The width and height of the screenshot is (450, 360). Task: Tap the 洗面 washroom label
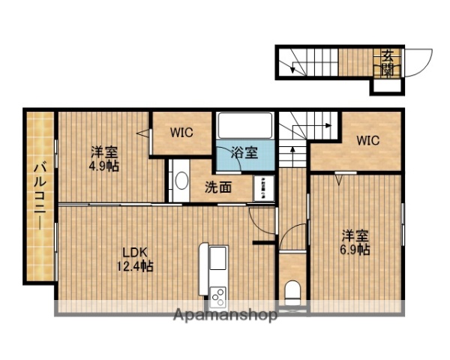(x=222, y=186)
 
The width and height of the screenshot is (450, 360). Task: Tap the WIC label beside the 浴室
(x=181, y=133)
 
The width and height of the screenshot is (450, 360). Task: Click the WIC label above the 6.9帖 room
(x=367, y=139)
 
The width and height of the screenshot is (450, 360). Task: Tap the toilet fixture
(x=292, y=292)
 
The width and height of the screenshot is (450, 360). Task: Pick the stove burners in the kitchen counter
(x=217, y=295)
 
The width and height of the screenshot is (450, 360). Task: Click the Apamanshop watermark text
(x=225, y=315)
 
